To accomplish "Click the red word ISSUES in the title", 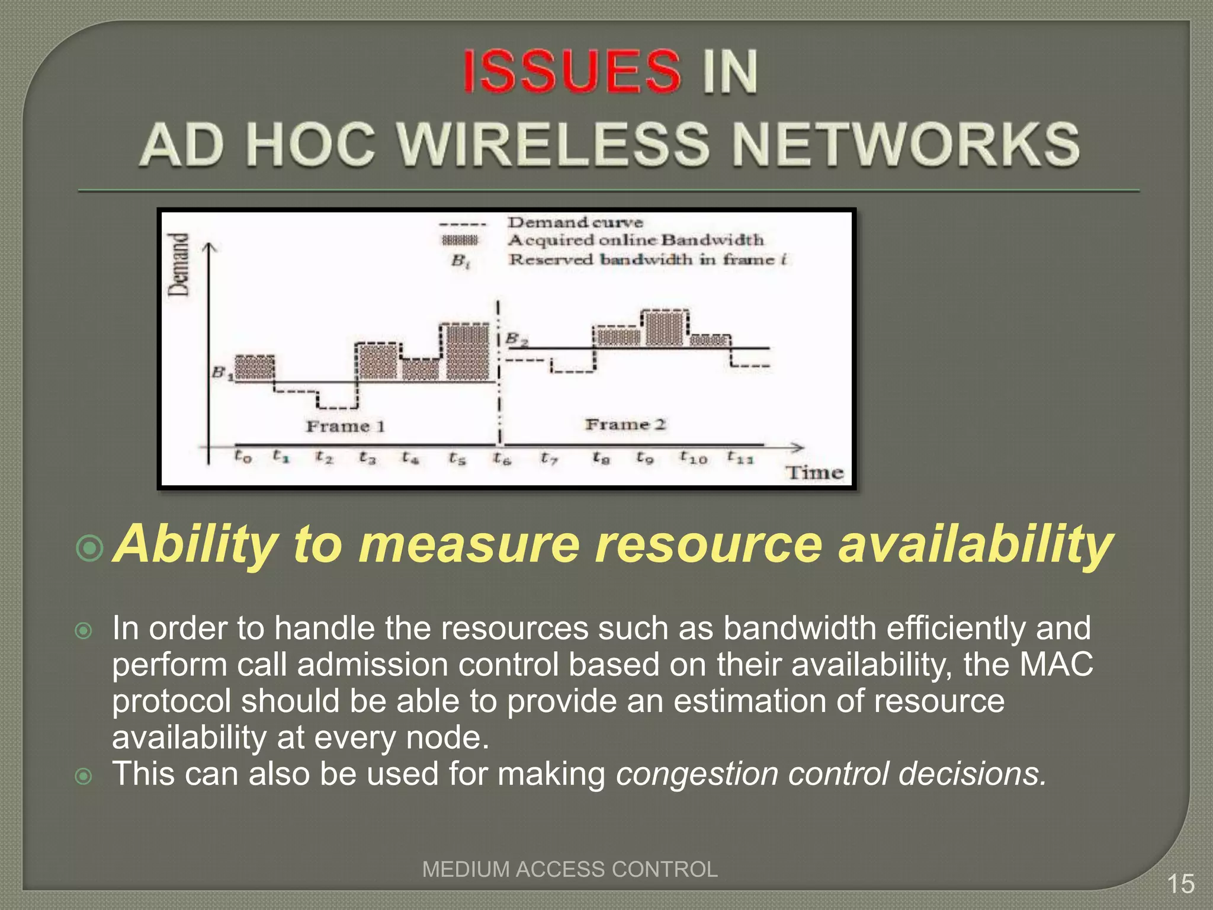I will (571, 72).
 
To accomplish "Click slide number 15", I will (1180, 884).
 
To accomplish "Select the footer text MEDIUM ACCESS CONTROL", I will (570, 869).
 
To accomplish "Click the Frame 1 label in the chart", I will (345, 426).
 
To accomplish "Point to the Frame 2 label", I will (625, 424).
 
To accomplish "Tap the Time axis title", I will (814, 472).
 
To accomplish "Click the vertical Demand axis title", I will (179, 264).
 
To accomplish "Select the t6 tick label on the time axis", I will (502, 458).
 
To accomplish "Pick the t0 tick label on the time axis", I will (243, 456).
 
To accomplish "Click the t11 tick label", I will (740, 457).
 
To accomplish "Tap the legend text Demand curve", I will (575, 223).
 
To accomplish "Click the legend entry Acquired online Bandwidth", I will (636, 240).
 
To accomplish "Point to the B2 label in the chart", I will (516, 340).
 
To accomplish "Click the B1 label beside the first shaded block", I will (222, 373).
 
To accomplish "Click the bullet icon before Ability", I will (90, 548).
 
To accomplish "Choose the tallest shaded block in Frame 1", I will (468, 352).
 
